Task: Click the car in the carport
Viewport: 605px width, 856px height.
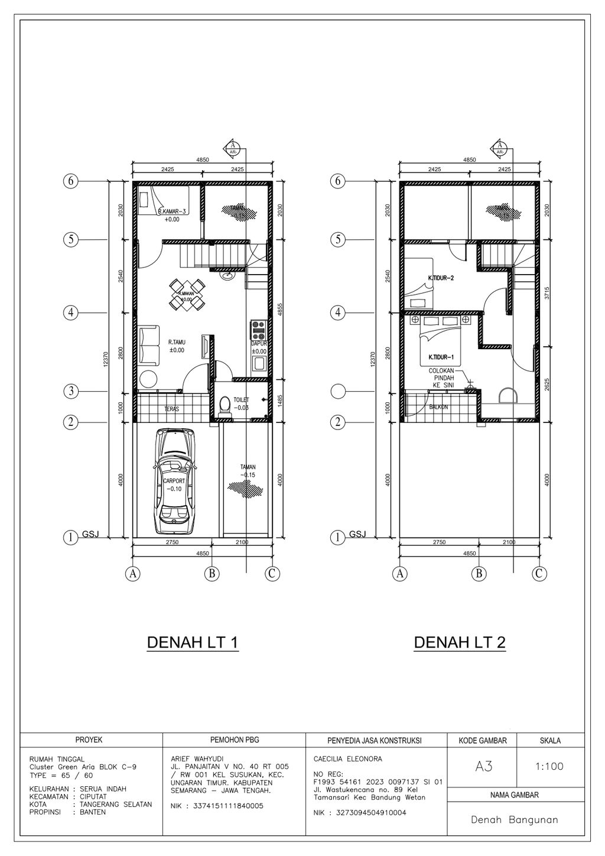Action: point(175,482)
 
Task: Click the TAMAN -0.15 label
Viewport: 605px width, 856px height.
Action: point(248,471)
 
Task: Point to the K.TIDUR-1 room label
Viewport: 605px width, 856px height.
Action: point(440,357)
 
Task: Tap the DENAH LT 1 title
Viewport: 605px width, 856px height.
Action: point(192,643)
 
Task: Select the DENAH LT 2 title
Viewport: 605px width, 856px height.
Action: point(460,643)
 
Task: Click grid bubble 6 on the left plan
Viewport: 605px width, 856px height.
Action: point(71,181)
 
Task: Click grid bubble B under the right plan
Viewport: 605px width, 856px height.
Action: point(479,573)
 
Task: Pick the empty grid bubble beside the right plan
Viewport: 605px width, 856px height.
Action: point(338,391)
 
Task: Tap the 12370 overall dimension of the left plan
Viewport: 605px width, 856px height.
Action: point(105,360)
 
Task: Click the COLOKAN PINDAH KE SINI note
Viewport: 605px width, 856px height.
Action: point(442,377)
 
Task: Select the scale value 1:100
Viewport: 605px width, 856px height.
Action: point(549,767)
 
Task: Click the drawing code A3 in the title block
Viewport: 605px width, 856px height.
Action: point(483,767)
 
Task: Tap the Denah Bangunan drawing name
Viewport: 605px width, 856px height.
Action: point(515,820)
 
